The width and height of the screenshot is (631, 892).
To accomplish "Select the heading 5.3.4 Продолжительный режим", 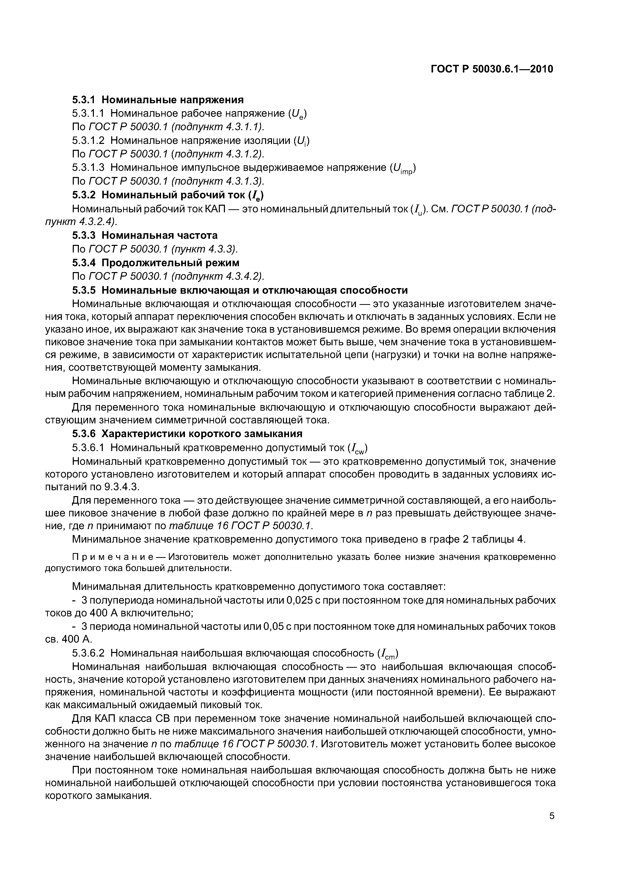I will coord(155,263).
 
